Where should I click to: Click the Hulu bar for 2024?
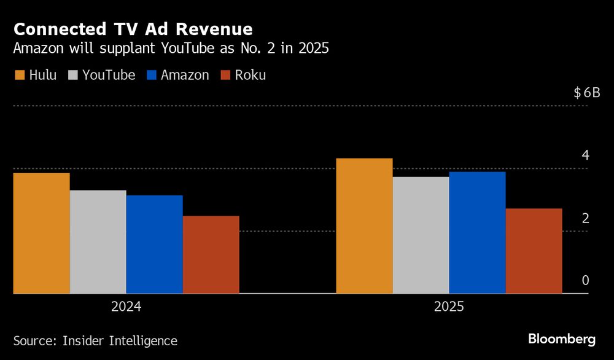[x=41, y=233]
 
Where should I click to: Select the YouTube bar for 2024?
[x=98, y=242]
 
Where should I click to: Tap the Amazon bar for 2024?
[x=154, y=245]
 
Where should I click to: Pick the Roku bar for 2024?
[x=211, y=255]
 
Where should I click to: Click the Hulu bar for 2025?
[x=364, y=226]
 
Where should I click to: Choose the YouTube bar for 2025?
[x=421, y=235]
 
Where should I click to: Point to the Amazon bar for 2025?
[x=477, y=233]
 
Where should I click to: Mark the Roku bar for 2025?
[x=534, y=251]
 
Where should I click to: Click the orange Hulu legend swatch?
[x=19, y=76]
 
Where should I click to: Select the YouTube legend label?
[x=109, y=76]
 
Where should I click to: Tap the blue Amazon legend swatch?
[x=152, y=76]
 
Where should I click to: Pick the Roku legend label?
[x=251, y=76]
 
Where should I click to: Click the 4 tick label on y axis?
[x=585, y=155]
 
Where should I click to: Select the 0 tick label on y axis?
[x=585, y=281]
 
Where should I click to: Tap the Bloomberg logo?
[x=562, y=339]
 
